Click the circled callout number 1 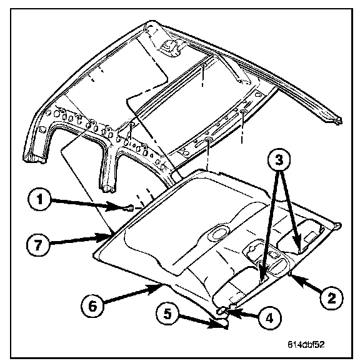pos(39,199)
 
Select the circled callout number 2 pos(331,298)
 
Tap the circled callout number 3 pos(279,160)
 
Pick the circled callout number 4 pos(269,319)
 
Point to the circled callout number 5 pos(167,314)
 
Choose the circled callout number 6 pos(92,307)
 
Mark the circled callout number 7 pos(38,244)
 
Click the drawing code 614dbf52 pos(306,345)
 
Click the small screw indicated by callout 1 pos(131,208)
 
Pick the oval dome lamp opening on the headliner pos(217,234)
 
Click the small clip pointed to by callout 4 pos(221,311)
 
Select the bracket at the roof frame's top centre pos(170,47)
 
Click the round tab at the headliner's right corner pos(337,225)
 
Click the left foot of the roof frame pos(34,158)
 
